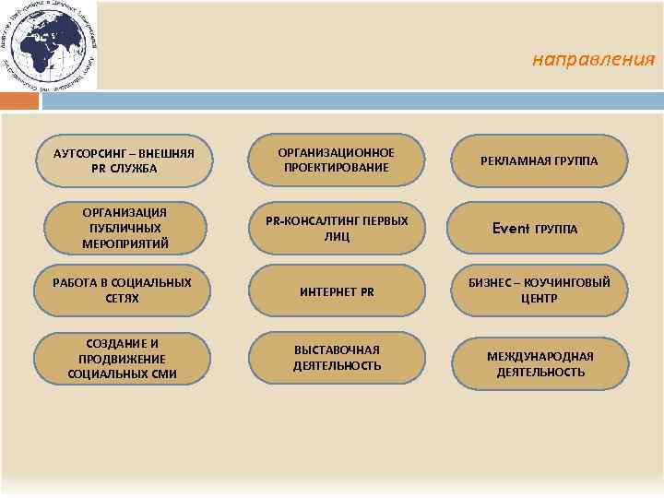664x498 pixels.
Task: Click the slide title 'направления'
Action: (593, 61)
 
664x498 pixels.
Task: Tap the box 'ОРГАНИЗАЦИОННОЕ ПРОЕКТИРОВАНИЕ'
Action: (338, 160)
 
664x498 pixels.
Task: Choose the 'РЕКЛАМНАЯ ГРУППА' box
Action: (539, 160)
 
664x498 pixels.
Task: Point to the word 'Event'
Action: (510, 228)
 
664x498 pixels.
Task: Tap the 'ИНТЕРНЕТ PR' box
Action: (338, 291)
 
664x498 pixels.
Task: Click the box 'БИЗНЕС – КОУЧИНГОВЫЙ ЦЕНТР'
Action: (539, 290)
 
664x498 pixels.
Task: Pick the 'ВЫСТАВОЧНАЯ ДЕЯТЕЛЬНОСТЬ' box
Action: (338, 358)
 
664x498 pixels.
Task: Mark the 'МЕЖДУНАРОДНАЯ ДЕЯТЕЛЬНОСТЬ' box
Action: (539, 363)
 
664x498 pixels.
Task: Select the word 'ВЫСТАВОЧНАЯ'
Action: (338, 350)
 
